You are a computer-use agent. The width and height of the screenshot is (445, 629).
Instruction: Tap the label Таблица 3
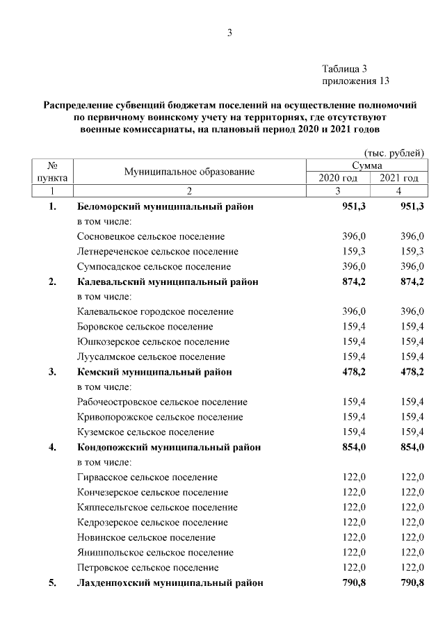(x=344, y=69)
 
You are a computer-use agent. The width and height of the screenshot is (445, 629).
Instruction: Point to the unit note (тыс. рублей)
(x=394, y=153)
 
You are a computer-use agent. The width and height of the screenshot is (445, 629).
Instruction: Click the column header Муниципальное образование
(x=189, y=172)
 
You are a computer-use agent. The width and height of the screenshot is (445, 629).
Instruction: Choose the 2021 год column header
(x=398, y=179)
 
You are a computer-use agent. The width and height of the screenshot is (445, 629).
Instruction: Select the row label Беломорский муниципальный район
(x=165, y=207)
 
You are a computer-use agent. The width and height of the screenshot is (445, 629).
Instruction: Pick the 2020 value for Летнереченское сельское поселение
(x=354, y=252)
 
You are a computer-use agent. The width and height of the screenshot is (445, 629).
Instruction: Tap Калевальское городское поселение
(x=155, y=311)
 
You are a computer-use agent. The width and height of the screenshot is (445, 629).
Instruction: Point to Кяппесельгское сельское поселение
(x=155, y=507)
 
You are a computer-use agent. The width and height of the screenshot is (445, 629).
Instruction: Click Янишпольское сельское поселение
(x=155, y=553)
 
